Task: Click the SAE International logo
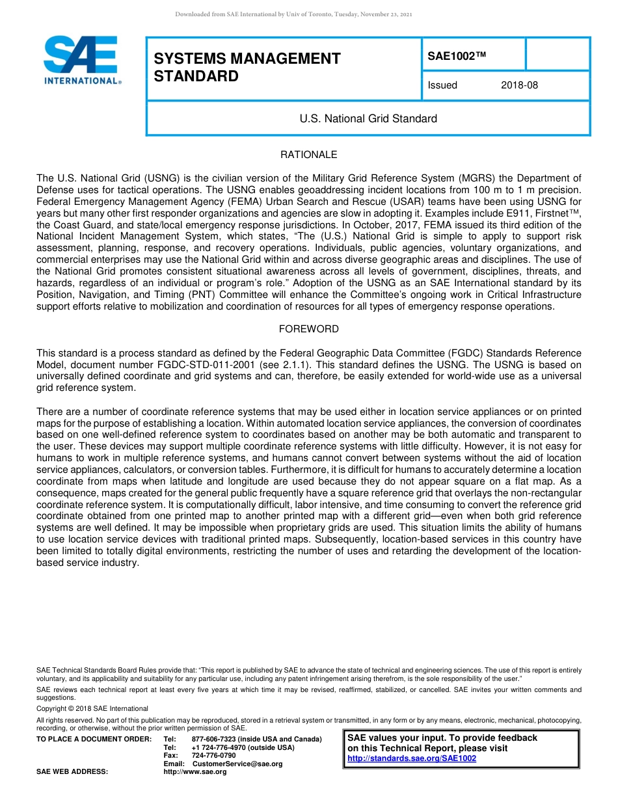pos(81,60)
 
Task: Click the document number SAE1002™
pos(457,57)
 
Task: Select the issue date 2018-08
pos(519,85)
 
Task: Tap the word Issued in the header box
pos(442,85)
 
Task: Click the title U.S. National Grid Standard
pos(368,118)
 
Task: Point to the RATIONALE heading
pos(308,155)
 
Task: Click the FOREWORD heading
pos(308,329)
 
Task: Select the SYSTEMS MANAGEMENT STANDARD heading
pos(247,68)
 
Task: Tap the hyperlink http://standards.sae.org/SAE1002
pos(412,758)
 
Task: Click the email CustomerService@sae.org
pos(237,764)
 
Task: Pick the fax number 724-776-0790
pos(213,755)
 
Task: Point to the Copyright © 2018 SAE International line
pos(92,708)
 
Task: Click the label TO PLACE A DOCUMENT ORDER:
pos(94,740)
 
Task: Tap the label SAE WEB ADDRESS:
pos(72,771)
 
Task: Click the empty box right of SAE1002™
pos(557,54)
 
